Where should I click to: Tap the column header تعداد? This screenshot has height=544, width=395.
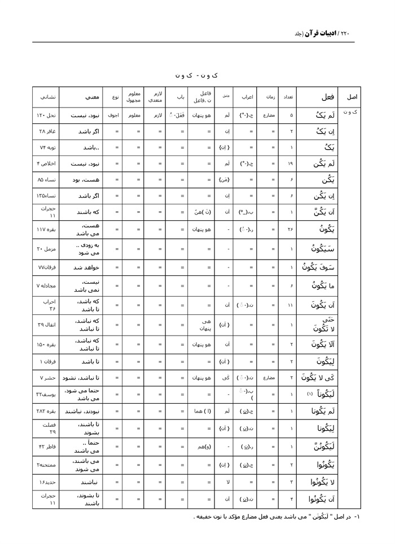pyautogui.click(x=288, y=96)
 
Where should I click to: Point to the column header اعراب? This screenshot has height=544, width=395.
pyautogui.click(x=246, y=96)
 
